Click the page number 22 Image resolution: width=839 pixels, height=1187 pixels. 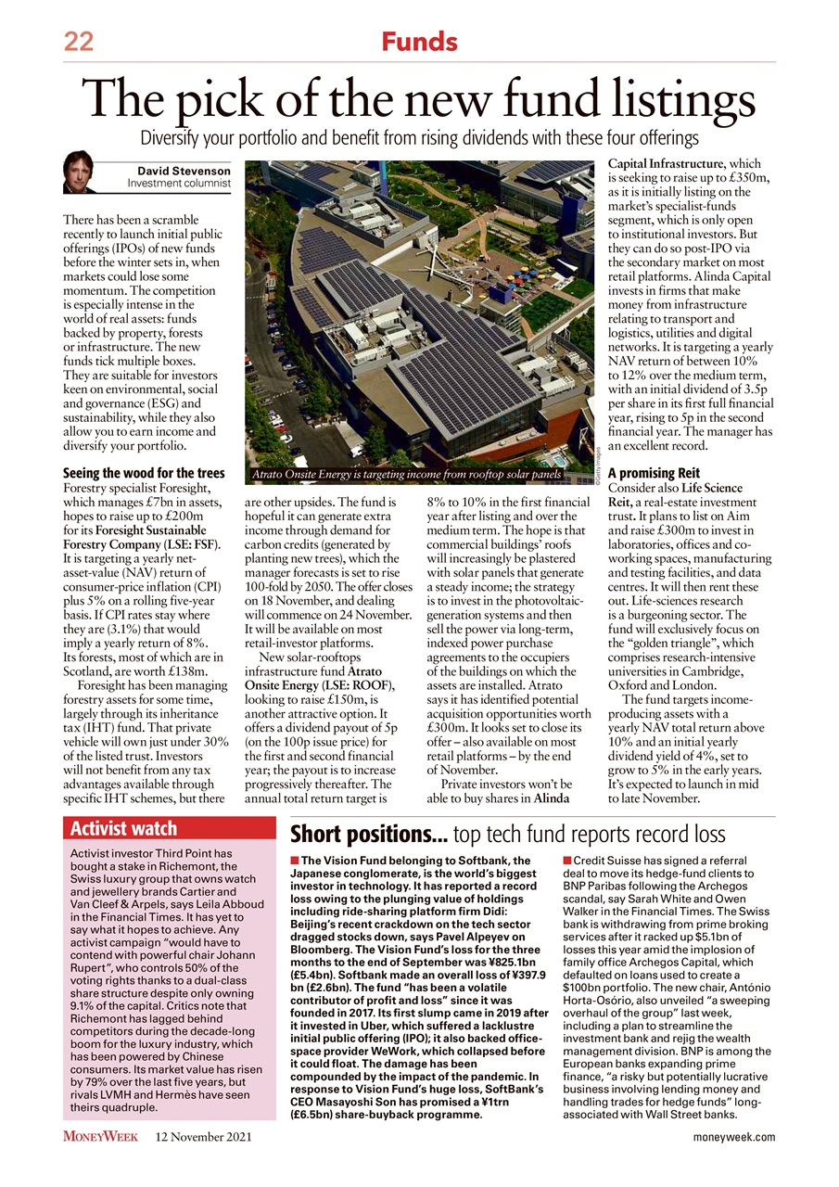point(79,42)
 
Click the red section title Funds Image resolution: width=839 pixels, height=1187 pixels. point(419,42)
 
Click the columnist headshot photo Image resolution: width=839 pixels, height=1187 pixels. point(79,172)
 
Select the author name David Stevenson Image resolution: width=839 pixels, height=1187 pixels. point(184,171)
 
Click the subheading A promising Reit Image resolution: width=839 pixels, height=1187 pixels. point(653,473)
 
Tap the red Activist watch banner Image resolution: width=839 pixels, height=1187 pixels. point(169,828)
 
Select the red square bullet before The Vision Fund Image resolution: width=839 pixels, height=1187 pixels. point(295,862)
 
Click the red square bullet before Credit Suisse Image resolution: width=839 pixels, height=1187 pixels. point(567,862)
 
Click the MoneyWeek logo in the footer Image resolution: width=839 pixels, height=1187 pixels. point(100,1137)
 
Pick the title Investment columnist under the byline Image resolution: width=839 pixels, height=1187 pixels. point(179,184)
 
